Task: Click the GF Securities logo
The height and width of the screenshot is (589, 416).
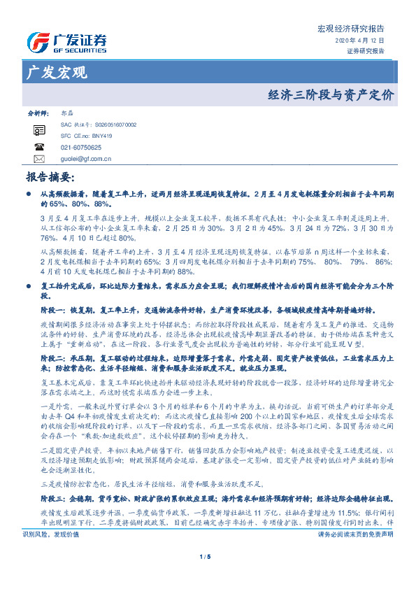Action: pyautogui.click(x=66, y=41)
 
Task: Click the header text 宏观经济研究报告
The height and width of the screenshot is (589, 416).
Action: pyautogui.click(x=351, y=29)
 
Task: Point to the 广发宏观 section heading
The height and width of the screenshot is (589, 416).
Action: pyautogui.click(x=56, y=71)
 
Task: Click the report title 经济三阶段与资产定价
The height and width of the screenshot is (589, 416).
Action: pyautogui.click(x=331, y=94)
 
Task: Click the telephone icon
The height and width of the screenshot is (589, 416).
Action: pyautogui.click(x=39, y=148)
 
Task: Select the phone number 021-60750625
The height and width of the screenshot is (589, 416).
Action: pyautogui.click(x=81, y=148)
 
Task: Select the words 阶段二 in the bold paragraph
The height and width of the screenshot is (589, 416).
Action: pyautogui.click(x=53, y=357)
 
